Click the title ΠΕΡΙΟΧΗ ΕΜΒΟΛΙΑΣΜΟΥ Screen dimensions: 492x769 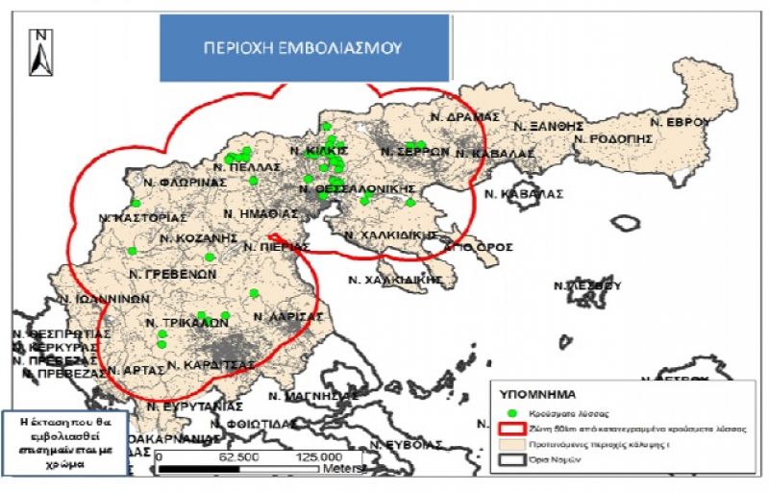pos(304,47)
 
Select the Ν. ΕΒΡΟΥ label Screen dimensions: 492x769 pos(679,122)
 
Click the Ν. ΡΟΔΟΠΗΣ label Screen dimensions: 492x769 pos(612,138)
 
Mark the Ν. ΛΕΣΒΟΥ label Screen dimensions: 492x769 pos(587,285)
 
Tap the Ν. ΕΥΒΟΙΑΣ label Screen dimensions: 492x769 pos(407,445)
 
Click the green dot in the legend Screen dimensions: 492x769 pos(510,412)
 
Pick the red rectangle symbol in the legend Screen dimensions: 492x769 pos(510,429)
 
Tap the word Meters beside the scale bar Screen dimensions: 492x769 pos(340,470)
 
